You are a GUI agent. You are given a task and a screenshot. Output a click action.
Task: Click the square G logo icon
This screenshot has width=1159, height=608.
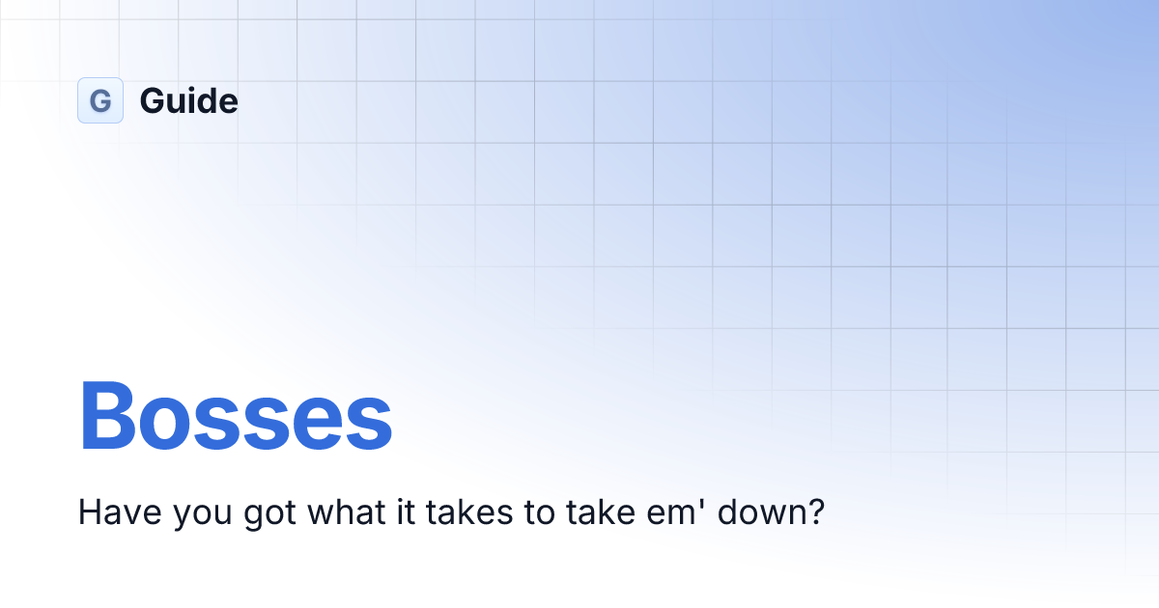coord(100,100)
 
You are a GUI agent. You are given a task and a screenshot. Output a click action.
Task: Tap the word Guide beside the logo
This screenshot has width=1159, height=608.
coord(188,100)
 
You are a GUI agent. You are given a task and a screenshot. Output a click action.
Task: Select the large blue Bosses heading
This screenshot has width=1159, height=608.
coord(236,417)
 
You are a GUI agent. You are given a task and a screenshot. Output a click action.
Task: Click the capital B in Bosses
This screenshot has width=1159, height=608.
coord(108,417)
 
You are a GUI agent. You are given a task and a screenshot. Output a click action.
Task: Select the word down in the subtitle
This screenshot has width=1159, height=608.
coord(756,511)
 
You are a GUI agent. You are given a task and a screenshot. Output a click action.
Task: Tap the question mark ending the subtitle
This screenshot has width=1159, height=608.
coord(815,511)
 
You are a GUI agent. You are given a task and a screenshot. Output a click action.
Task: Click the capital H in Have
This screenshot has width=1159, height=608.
coord(88,511)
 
